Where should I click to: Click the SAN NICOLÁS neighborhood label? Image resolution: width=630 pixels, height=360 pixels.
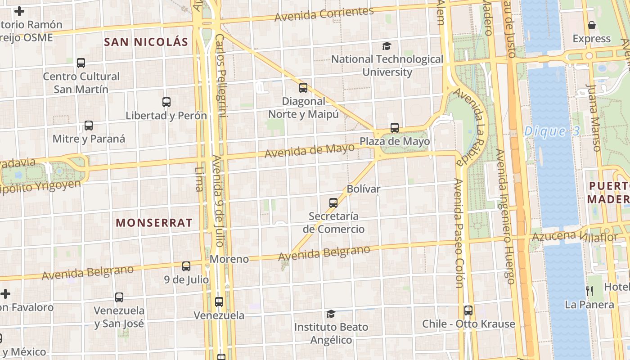pos(146,42)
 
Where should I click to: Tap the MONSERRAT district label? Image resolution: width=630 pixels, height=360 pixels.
pos(154,223)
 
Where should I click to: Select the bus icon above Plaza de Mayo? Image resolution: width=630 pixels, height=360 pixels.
pos(395,128)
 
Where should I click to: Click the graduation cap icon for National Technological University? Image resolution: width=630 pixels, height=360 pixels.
pos(387,46)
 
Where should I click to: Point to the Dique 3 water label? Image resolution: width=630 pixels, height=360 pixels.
pos(552,132)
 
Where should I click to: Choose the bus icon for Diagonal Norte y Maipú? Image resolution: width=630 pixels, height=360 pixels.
pos(303,88)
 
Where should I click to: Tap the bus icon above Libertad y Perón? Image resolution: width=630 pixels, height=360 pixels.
pos(166,102)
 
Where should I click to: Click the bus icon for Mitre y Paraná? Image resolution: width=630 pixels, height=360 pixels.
pos(89,126)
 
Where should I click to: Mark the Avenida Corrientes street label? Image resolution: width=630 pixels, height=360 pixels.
pos(324,14)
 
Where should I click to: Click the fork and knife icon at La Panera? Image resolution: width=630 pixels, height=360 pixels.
pos(589,291)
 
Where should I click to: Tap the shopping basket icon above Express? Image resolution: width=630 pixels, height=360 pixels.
pos(592,25)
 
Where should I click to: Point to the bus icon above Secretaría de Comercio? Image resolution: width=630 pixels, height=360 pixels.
pos(333,203)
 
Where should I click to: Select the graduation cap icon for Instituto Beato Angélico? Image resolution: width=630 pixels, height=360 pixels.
pos(331,314)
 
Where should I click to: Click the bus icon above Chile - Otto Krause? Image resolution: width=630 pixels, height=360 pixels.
pos(468,310)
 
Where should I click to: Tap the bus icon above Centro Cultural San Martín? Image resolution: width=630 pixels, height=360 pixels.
pos(81,63)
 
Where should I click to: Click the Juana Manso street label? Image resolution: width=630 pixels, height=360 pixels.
pos(593,118)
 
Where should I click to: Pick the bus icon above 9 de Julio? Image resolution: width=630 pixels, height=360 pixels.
pos(186,266)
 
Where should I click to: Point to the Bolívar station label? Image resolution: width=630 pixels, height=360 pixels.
pos(364,189)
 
